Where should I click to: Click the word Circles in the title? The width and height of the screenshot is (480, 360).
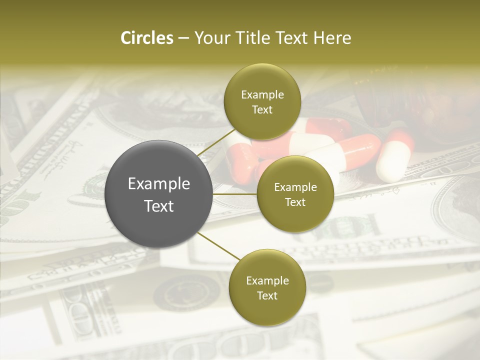146,38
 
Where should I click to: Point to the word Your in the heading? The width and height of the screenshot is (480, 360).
212,38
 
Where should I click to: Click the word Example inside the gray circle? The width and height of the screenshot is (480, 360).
159,184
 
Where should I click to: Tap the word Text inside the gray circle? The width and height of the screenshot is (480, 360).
159,206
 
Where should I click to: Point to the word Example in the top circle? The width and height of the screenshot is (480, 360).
262,95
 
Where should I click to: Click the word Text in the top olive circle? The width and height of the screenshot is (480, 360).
262,110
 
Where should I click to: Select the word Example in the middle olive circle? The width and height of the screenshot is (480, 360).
295,187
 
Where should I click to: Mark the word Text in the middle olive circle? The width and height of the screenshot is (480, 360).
295,202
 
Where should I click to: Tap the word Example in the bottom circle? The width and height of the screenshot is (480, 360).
267,281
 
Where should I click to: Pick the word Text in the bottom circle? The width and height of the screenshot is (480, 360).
267,296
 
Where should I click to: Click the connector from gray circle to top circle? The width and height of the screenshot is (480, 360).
216,141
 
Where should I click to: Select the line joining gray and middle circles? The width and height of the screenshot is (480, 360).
235,193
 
